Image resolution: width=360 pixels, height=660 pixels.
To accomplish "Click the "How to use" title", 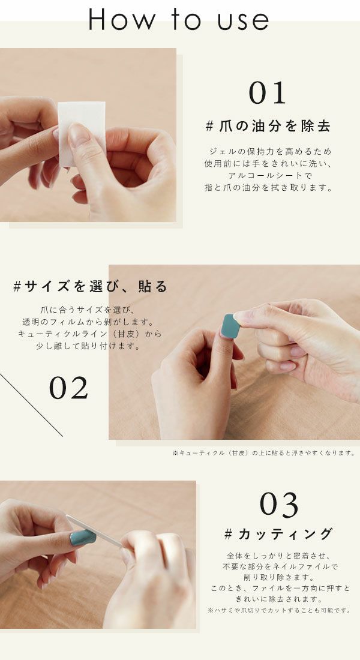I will coord(179,19).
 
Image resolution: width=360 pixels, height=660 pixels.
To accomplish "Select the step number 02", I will coord(68,389).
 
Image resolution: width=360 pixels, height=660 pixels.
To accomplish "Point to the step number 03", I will coord(279,505).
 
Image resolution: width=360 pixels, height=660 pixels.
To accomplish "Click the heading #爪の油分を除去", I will coord(268,126).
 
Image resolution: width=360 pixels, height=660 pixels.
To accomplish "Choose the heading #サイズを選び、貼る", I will coord(90,286).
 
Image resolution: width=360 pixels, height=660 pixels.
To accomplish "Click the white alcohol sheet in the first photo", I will coord(81,132).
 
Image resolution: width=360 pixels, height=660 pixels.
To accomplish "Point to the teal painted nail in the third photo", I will coord(83,537).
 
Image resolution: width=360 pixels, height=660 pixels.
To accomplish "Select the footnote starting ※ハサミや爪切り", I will coord(279,610).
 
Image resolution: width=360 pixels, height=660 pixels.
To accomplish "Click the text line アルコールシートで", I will coord(268,175).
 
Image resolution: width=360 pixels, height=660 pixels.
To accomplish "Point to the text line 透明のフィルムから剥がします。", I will coord(89,322).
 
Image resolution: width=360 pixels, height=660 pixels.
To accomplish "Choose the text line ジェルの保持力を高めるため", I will coord(268,151).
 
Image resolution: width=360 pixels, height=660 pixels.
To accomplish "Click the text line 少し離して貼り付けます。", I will coord(89,346).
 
